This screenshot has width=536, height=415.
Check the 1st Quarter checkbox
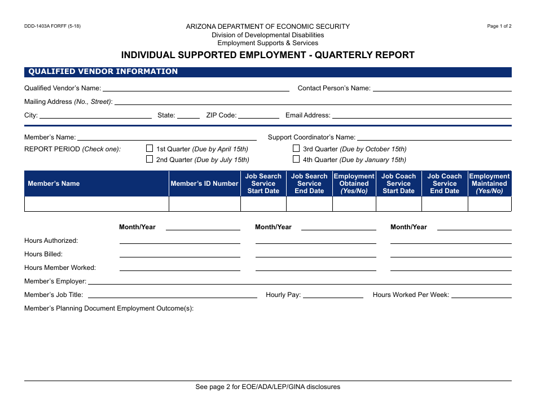[x=150, y=148]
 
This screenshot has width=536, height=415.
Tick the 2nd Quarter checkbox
[x=150, y=159]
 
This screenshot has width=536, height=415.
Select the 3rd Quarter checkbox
[x=296, y=148]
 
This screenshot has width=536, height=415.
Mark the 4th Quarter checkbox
[x=296, y=159]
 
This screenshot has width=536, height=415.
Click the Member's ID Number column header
[x=204, y=184]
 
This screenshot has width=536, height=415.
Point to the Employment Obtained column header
[x=354, y=184]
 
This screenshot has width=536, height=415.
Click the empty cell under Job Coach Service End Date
[x=445, y=204]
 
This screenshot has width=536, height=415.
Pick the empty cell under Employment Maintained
[x=489, y=204]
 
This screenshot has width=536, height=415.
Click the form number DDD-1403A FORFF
[x=52, y=26]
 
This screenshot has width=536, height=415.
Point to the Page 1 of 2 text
[x=499, y=26]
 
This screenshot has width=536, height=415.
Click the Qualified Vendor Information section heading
[x=103, y=72]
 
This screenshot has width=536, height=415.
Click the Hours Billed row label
[x=43, y=254]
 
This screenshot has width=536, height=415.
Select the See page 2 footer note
[x=267, y=387]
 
